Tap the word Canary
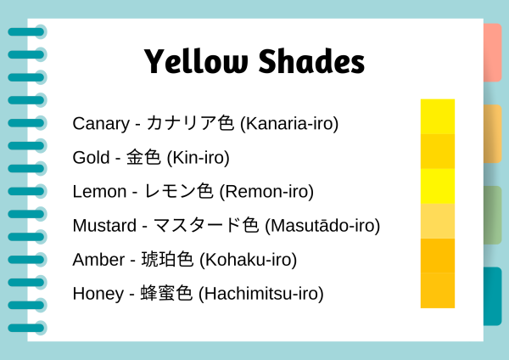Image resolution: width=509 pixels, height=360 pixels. [x=99, y=124]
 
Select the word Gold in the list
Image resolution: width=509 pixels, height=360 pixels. [x=91, y=158]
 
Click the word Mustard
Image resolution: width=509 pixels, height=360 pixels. [x=104, y=226]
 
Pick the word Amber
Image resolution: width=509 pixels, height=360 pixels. [x=98, y=260]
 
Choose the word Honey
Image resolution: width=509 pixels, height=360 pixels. [x=98, y=294]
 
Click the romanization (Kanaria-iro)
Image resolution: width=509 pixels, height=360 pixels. [x=289, y=124]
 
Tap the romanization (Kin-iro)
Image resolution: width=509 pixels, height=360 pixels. [x=199, y=158]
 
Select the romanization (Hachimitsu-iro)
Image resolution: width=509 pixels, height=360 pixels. [x=261, y=294]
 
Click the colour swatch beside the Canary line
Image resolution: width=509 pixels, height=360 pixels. [x=437, y=116]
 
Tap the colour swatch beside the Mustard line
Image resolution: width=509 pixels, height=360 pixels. [x=437, y=221]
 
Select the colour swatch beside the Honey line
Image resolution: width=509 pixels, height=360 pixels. [x=437, y=290]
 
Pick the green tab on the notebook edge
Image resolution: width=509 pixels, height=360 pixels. [x=492, y=215]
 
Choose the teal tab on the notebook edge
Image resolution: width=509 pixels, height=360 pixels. [x=492, y=295]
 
